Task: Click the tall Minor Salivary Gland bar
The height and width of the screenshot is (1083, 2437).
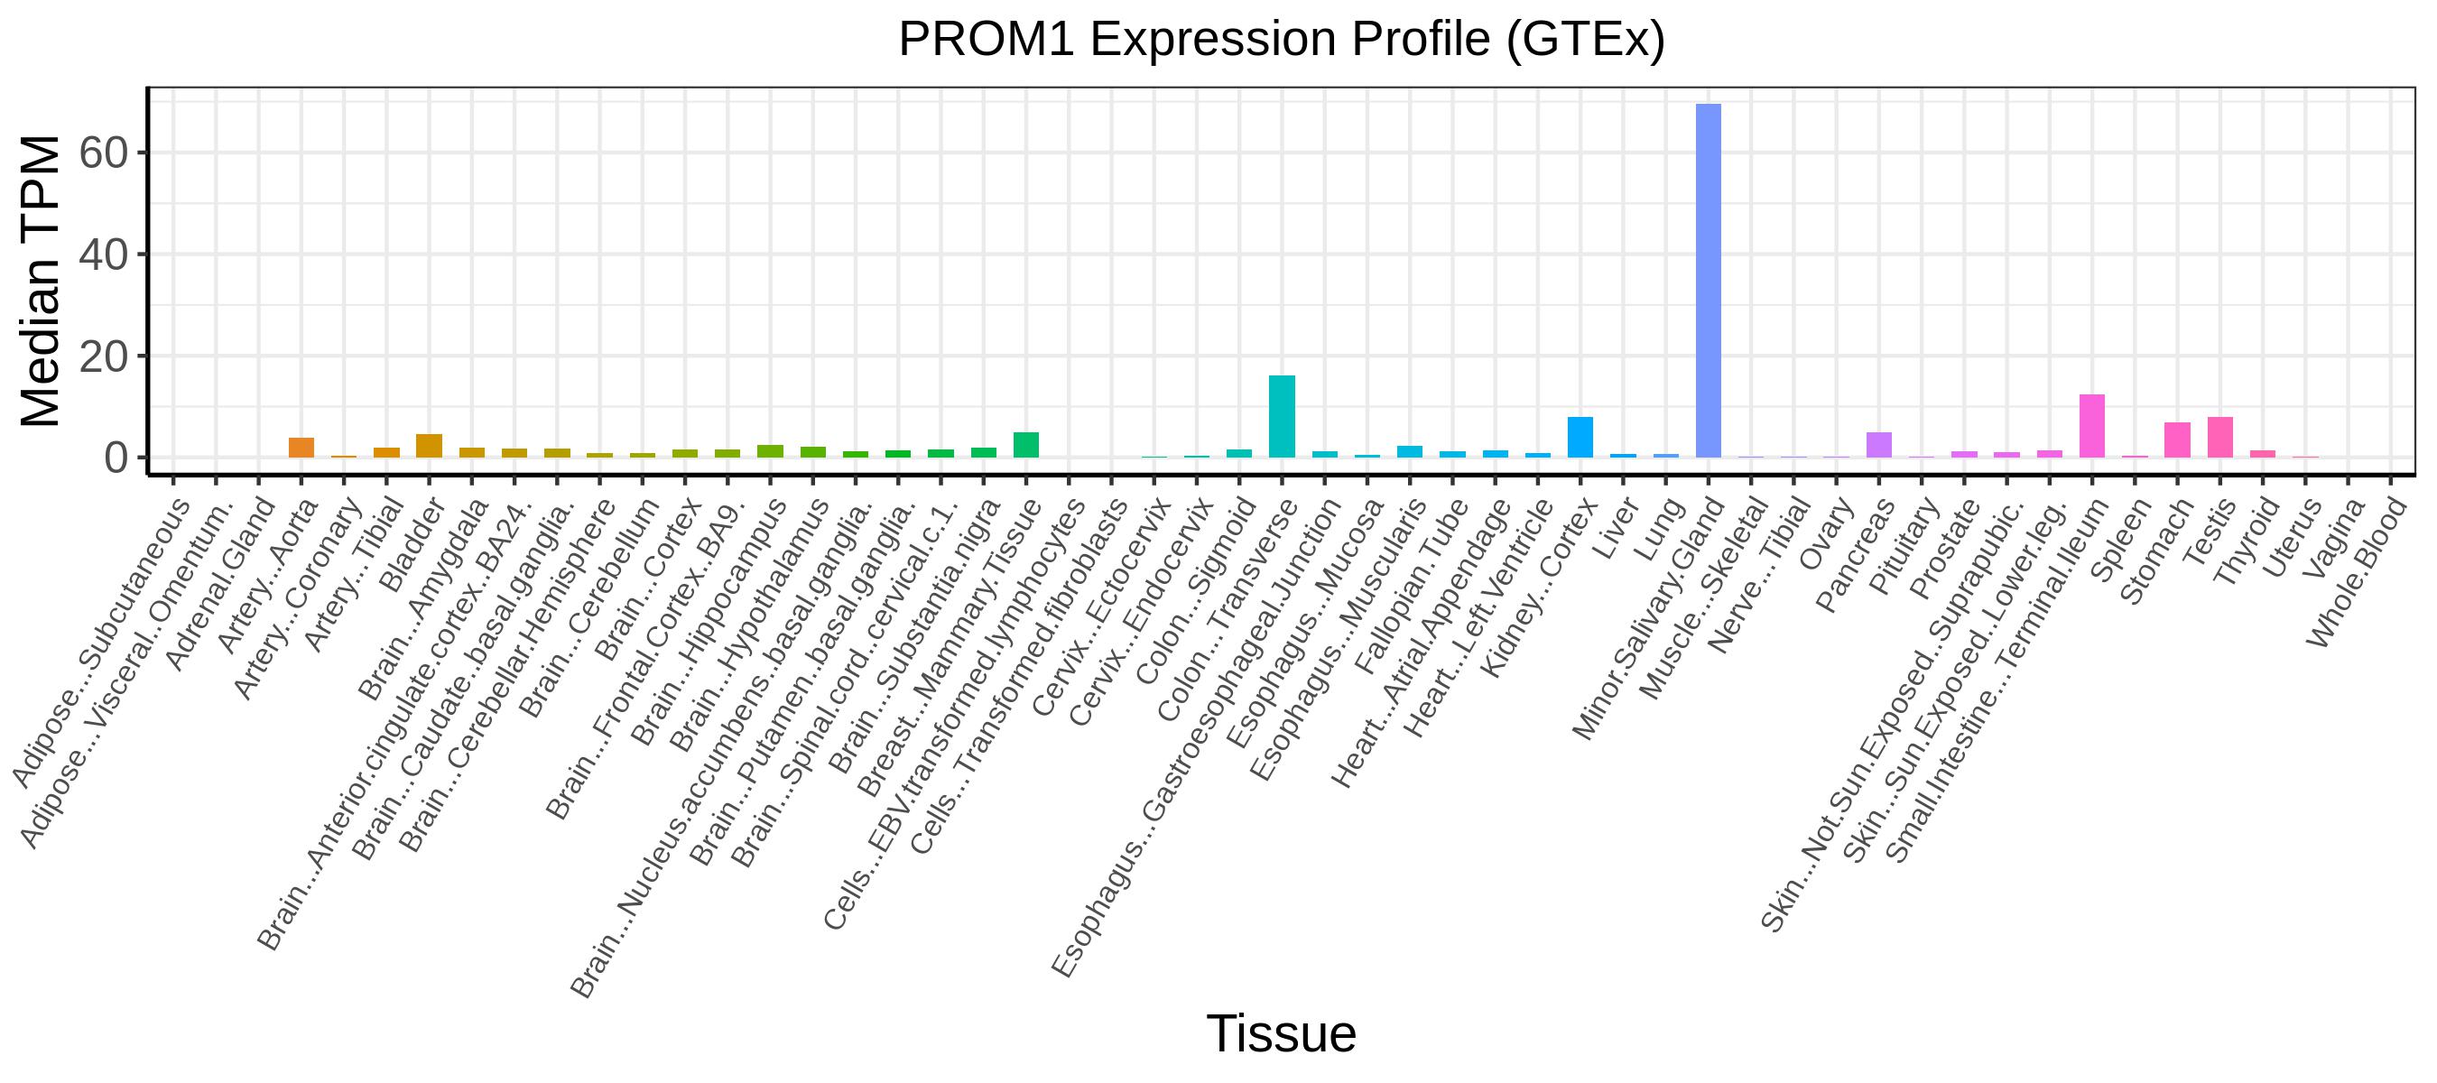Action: point(1708,280)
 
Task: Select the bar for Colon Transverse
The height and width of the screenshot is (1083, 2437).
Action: point(1282,416)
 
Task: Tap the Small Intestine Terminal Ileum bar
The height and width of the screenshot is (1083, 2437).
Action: point(2091,426)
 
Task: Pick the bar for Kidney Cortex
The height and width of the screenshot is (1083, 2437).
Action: point(1580,437)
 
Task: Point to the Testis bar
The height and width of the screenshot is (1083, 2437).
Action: point(2219,437)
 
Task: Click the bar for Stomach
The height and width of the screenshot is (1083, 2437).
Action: point(2177,440)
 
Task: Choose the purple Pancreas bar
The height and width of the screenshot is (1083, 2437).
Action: point(1879,445)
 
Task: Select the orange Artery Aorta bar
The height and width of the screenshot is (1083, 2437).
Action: point(301,448)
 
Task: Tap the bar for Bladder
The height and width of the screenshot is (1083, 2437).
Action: point(430,446)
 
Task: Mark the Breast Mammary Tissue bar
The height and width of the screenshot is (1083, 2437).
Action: point(1026,445)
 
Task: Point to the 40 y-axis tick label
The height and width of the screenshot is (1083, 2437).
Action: point(103,255)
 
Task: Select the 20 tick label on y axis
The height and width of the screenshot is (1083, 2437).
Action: point(103,356)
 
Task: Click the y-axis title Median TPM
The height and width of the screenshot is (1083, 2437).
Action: point(40,281)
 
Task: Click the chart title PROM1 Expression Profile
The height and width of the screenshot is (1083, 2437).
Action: point(1281,40)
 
